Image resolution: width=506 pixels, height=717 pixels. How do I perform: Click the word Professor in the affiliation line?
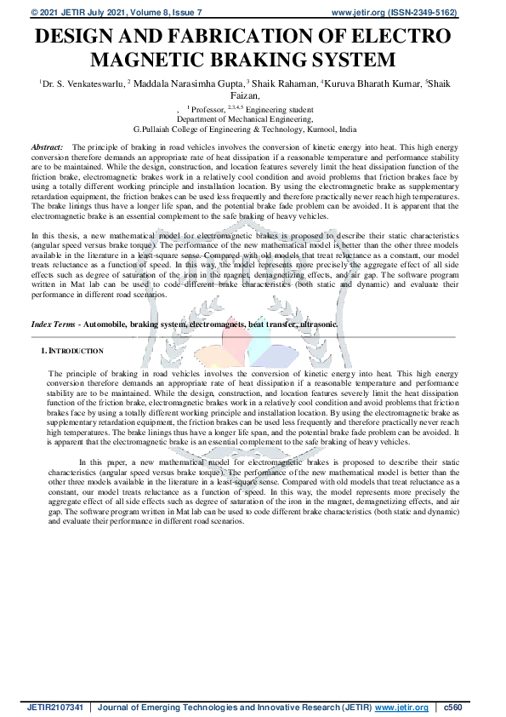pyautogui.click(x=208, y=110)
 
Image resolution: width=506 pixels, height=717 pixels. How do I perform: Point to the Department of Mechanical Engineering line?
pyautogui.click(x=252, y=120)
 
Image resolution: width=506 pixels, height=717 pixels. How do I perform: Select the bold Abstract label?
pyautogui.click(x=47, y=148)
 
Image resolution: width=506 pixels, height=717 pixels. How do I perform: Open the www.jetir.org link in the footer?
pyautogui.click(x=401, y=708)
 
